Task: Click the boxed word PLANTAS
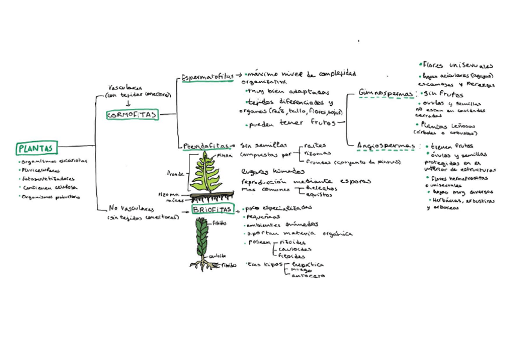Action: point(36,148)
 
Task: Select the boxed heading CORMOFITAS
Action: point(132,115)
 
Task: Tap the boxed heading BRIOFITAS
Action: point(212,209)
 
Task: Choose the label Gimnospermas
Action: point(387,94)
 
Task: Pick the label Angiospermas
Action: point(386,145)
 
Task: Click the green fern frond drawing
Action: point(206,172)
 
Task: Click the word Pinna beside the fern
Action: point(224,155)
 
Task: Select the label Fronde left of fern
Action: point(175,174)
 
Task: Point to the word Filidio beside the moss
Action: point(220,223)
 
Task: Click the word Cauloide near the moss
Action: point(218,255)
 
